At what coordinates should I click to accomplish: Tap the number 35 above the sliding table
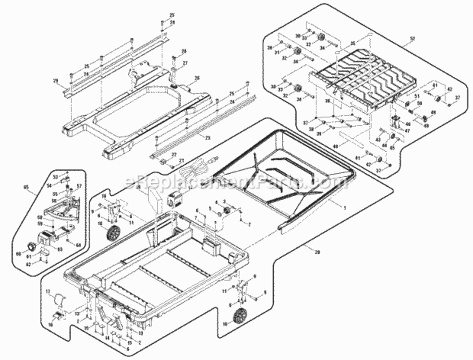353,43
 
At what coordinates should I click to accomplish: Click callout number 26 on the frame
196,78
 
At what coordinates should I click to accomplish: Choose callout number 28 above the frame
183,51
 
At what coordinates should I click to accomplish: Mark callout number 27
184,63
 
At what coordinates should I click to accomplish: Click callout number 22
174,155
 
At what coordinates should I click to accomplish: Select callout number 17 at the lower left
48,291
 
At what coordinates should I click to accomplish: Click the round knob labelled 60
31,246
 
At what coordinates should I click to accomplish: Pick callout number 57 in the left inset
80,185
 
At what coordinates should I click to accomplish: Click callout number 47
408,130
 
